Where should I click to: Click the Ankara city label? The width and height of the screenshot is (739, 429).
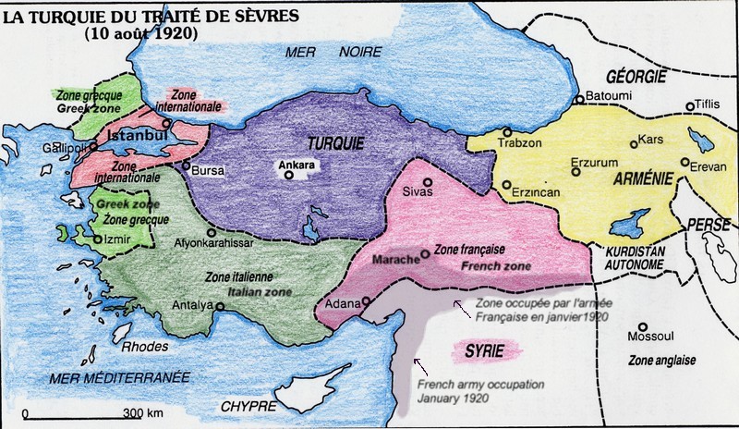point(297,165)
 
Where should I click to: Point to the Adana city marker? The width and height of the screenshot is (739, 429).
point(367,300)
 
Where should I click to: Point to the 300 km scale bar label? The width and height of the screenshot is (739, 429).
point(145,411)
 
